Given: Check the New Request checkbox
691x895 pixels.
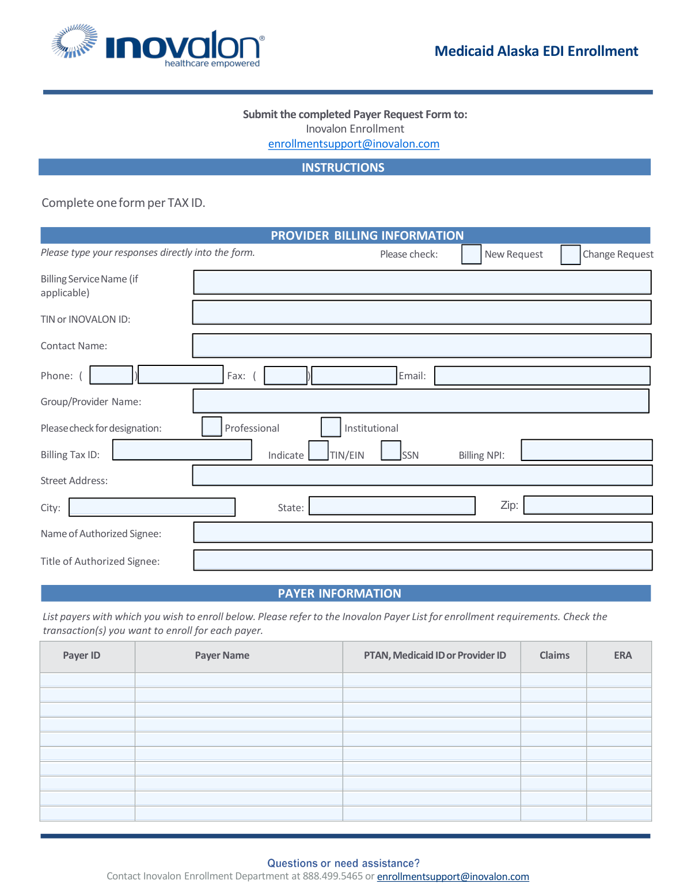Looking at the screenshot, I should click(471, 254).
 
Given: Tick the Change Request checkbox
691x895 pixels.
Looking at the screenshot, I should click(570, 255).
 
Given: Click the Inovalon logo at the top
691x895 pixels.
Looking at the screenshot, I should click(158, 46).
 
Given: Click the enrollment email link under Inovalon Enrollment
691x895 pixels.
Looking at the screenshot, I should click(354, 144).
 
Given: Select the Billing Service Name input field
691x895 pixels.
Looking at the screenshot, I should click(422, 282).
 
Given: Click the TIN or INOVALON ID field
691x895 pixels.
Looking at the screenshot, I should click(422, 312).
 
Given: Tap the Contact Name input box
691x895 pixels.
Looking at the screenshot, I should click(422, 346).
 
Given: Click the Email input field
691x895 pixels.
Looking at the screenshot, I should click(542, 376).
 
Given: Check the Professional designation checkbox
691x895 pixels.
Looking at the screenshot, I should click(212, 427).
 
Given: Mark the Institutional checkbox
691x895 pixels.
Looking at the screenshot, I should click(331, 427).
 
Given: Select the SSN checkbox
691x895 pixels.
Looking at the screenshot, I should click(391, 450).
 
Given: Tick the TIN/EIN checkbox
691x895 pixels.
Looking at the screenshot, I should click(318, 450).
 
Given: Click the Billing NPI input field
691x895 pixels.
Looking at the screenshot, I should click(586, 450).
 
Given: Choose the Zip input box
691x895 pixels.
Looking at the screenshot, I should click(587, 505).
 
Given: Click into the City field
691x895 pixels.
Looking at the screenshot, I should click(152, 507).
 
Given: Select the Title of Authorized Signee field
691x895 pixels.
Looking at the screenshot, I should click(423, 560).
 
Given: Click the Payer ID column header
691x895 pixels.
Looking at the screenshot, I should click(82, 656).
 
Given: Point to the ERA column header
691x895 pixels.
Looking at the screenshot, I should click(622, 656).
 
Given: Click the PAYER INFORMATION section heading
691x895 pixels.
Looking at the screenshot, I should click(340, 594).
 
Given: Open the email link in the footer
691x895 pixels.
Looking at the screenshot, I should click(453, 877).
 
